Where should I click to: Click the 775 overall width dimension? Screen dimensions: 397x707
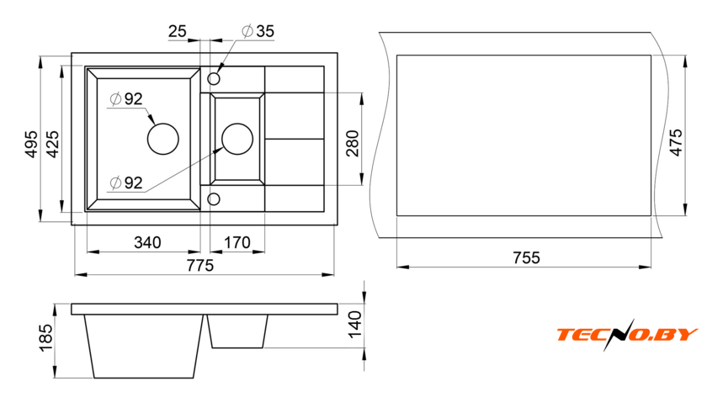click(x=199, y=265)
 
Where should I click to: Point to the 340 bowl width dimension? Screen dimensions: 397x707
click(x=147, y=243)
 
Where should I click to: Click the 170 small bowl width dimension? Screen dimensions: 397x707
click(x=236, y=243)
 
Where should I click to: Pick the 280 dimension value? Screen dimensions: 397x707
click(x=353, y=143)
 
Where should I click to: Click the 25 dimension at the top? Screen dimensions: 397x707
click(x=177, y=32)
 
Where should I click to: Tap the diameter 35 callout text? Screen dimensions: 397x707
click(x=258, y=32)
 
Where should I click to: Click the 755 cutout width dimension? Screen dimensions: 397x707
click(x=525, y=257)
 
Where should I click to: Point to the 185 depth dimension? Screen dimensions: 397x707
click(x=45, y=337)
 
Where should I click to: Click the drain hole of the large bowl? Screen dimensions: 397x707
click(x=163, y=138)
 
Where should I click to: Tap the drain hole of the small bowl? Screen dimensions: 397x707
click(x=237, y=138)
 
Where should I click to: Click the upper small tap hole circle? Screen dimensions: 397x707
click(x=214, y=78)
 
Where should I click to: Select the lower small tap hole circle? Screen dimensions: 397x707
click(x=214, y=198)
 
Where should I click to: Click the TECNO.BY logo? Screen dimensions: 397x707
click(x=626, y=335)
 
